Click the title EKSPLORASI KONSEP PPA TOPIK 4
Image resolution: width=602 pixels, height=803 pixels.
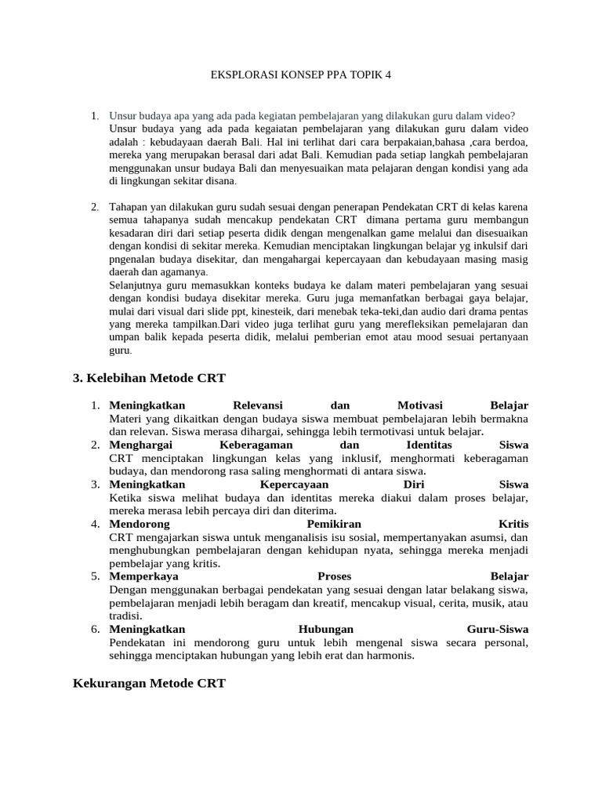(x=301, y=75)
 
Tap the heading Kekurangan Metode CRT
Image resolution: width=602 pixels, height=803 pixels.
(x=149, y=683)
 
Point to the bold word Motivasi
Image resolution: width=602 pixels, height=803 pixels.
(x=420, y=405)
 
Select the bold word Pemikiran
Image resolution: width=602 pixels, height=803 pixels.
(x=334, y=523)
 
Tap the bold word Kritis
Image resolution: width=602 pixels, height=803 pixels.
(x=513, y=523)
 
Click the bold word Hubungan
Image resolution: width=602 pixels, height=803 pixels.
(x=326, y=629)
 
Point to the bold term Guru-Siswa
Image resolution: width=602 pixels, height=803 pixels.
(x=498, y=629)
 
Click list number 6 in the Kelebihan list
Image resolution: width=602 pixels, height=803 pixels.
(x=94, y=629)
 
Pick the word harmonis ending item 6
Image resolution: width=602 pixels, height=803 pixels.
(x=388, y=656)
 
